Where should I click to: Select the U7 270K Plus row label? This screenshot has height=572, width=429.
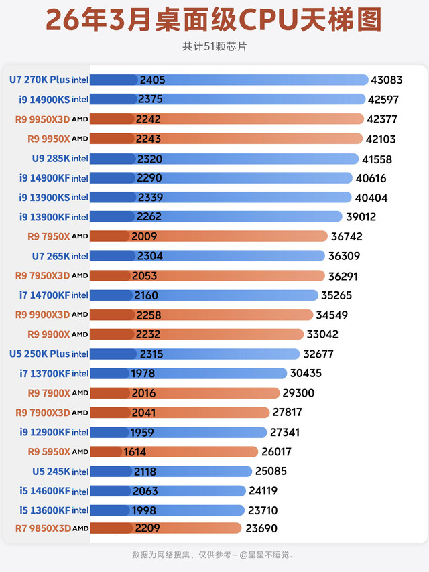48,80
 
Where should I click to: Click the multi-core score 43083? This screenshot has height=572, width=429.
386,80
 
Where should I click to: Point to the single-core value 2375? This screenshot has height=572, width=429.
151,99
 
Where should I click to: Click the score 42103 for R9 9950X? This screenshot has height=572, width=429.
379,139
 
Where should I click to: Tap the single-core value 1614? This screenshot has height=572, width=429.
135,451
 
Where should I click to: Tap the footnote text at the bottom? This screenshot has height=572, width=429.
214,555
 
